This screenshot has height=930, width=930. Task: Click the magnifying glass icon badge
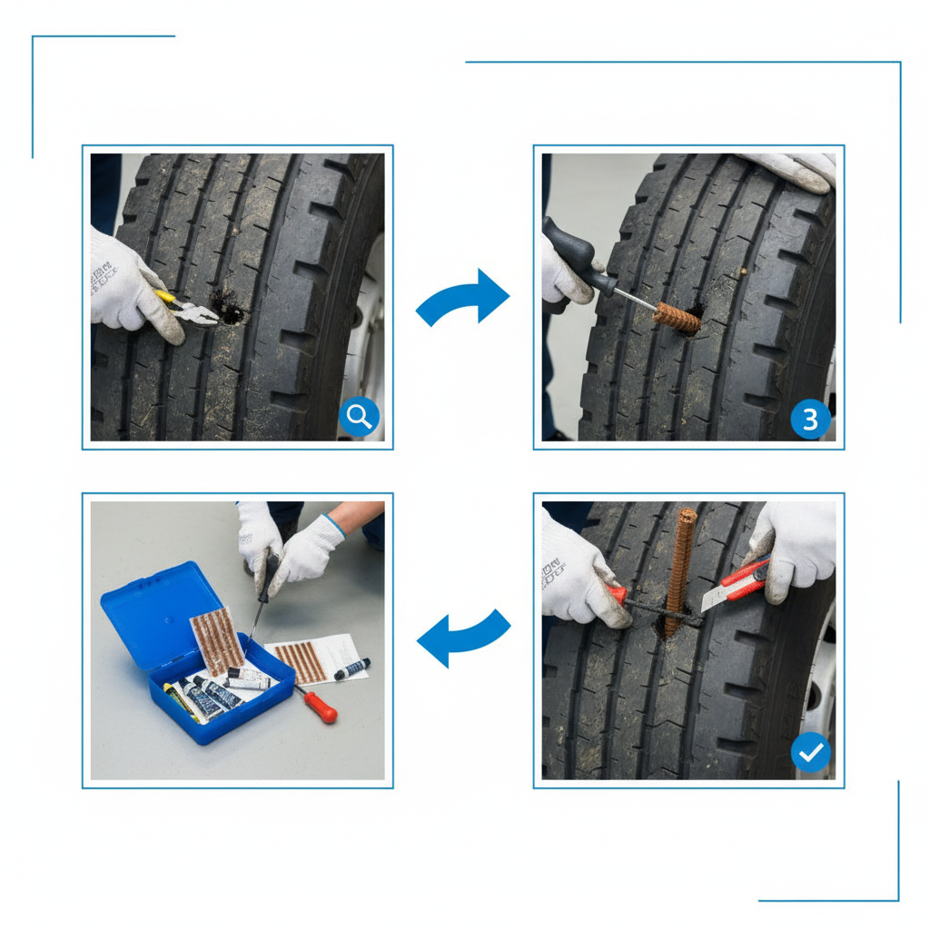click(x=360, y=417)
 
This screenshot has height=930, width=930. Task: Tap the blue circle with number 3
click(x=810, y=419)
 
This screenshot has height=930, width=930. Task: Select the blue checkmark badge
click(x=810, y=753)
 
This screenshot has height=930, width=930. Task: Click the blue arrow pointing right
click(x=464, y=299)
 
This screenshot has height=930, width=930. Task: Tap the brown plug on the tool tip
click(x=678, y=316)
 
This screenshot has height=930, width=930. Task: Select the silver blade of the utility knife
click(x=716, y=597)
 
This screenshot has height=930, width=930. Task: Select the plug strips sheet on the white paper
click(x=300, y=660)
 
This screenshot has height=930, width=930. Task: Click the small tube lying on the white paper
click(x=352, y=669)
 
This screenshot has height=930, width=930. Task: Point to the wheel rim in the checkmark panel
click(x=820, y=690)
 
